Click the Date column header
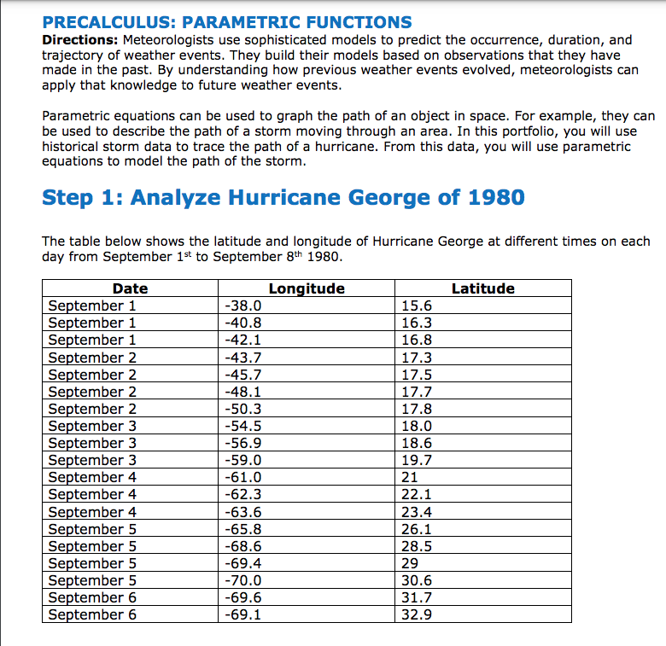click(130, 288)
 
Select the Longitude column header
click(307, 288)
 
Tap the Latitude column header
click(482, 288)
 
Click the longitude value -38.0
click(242, 306)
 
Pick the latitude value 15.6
click(417, 306)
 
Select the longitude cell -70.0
click(242, 580)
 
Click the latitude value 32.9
click(417, 614)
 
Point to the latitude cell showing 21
click(410, 477)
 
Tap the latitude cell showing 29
click(410, 563)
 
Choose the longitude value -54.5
click(242, 426)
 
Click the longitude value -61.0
click(242, 477)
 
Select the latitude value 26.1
click(417, 529)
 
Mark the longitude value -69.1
click(242, 614)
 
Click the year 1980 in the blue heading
click(496, 198)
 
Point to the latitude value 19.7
click(417, 460)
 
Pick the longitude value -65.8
click(242, 529)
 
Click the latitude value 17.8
click(417, 409)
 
